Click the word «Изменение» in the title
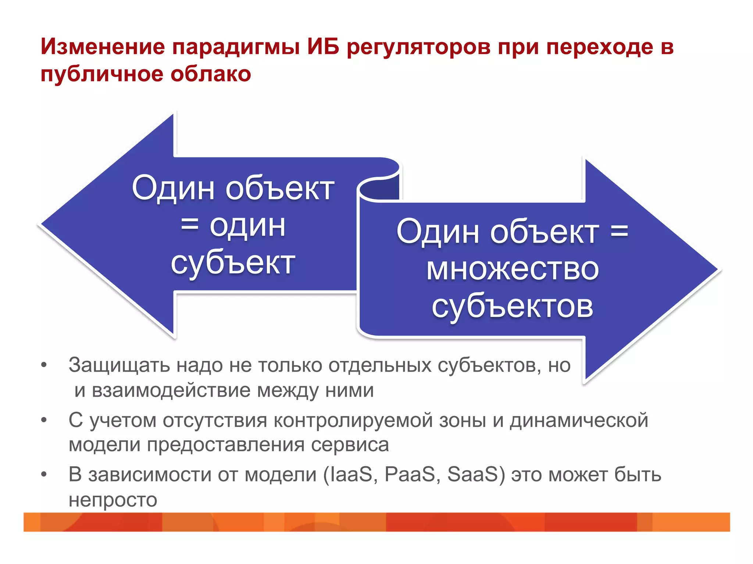(103, 47)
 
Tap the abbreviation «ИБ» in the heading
(323, 47)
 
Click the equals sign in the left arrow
(190, 224)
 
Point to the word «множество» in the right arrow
(513, 269)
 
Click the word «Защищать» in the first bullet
(119, 366)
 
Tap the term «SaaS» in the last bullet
(472, 474)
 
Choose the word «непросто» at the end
(113, 500)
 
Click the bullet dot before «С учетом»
(44, 420)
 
